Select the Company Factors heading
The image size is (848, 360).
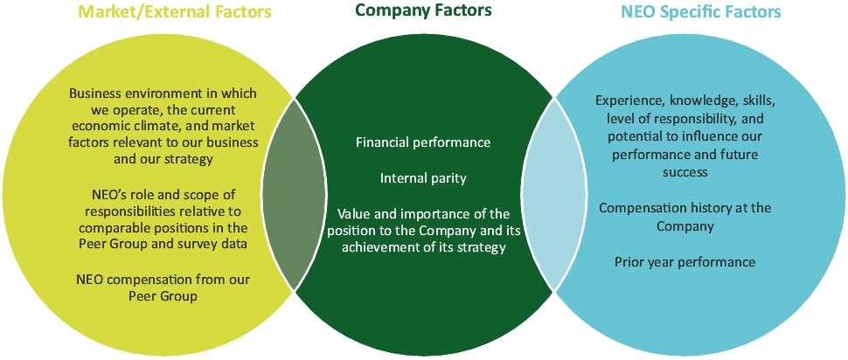(x=423, y=11)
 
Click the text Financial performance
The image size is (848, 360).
(x=423, y=142)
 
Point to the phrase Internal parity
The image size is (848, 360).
(x=423, y=178)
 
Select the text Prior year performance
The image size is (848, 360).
(x=685, y=261)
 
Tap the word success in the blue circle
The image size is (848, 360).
(x=685, y=172)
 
